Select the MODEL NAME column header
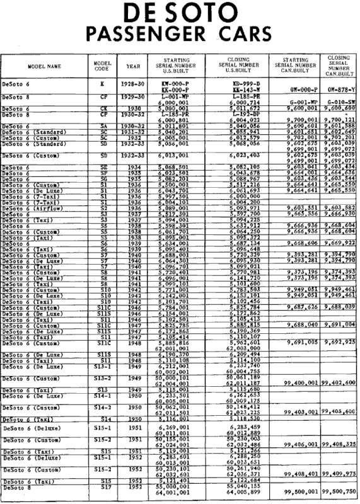point(43,66)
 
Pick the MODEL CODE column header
point(102,66)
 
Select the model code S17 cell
point(102,488)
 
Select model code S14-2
point(102,408)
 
